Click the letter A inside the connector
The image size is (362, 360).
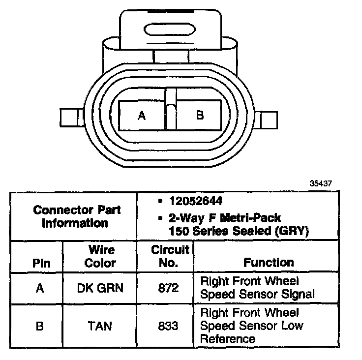tap(142, 116)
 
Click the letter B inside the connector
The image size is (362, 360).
tap(200, 115)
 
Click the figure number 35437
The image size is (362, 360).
tap(321, 183)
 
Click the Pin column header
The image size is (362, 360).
tap(41, 263)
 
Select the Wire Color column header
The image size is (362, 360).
tap(100, 256)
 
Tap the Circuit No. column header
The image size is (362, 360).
tap(169, 256)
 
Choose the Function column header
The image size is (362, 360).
tap(269, 262)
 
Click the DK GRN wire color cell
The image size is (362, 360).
tap(100, 288)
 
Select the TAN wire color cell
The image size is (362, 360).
tap(100, 326)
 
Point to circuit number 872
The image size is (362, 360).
tap(169, 288)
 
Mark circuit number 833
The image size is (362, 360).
tap(169, 326)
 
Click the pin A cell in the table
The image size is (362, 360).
tap(40, 288)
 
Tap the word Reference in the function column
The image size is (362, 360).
tap(228, 339)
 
